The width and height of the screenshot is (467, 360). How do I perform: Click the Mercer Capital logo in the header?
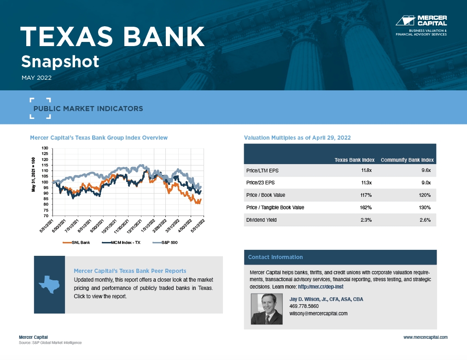tap(421, 26)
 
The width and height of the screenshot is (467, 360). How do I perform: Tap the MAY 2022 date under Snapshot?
tap(37, 78)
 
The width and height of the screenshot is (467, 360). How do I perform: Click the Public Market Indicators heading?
tap(88, 109)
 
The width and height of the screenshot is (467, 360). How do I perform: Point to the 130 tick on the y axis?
tap(45, 148)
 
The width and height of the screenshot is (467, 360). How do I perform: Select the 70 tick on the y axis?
tap(46, 216)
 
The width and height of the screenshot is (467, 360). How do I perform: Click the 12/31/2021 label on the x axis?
tap(135, 226)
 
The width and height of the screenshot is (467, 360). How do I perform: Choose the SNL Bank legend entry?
tap(76, 242)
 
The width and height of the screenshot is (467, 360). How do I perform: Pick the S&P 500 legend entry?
tap(165, 242)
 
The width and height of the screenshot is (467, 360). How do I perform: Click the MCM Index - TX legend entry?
tap(121, 242)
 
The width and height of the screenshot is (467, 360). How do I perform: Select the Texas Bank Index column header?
tap(355, 160)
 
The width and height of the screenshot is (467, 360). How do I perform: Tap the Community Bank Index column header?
tap(407, 160)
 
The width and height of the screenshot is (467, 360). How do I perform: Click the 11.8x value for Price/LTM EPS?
tap(366, 171)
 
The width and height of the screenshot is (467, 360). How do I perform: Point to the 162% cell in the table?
tap(366, 207)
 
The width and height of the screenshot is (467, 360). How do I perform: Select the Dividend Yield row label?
tap(262, 220)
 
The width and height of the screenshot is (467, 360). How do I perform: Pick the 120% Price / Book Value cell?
tap(425, 195)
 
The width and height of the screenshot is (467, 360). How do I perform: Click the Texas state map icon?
tap(49, 284)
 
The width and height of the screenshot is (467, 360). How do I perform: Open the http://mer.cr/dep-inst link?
tap(321, 287)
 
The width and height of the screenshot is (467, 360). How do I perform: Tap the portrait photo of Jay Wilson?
tap(267, 309)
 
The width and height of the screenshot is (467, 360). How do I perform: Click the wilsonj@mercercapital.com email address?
tap(318, 313)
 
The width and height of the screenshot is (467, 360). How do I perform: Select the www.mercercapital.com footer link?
tap(426, 337)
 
